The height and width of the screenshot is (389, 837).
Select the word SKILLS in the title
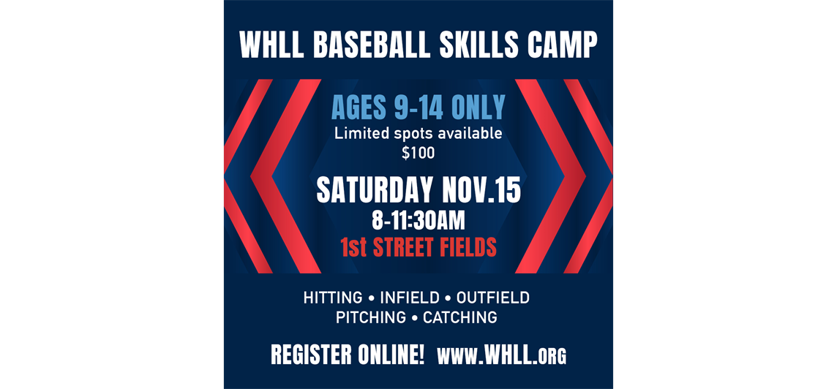click(x=468, y=46)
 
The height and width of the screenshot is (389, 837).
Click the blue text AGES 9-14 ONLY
click(x=418, y=108)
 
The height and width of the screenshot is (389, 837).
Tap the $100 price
click(x=418, y=153)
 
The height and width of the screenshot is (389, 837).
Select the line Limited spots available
click(x=418, y=134)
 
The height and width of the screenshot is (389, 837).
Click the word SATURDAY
click(x=375, y=191)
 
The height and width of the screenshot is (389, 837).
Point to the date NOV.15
click(x=481, y=191)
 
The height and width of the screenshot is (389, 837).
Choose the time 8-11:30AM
click(x=418, y=219)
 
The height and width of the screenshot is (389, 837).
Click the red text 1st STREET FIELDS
click(x=418, y=247)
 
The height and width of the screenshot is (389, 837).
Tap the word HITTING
click(x=333, y=298)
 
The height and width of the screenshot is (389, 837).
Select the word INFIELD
click(x=409, y=298)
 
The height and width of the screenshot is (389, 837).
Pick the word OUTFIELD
click(x=492, y=298)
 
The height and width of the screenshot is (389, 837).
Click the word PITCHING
click(x=371, y=318)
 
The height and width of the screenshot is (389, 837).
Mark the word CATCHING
click(x=460, y=318)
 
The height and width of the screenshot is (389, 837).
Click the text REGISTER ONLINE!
click(x=347, y=355)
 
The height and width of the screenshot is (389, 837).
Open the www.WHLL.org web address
click(x=501, y=355)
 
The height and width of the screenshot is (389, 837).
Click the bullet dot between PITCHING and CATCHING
click(x=414, y=318)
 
